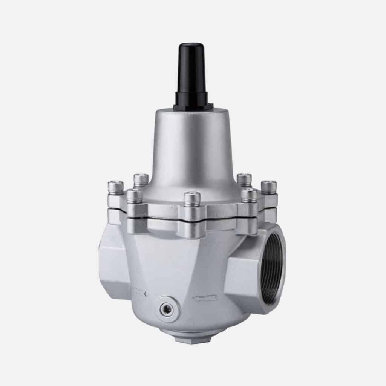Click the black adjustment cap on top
point(191,72)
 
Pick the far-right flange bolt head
point(269,186)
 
